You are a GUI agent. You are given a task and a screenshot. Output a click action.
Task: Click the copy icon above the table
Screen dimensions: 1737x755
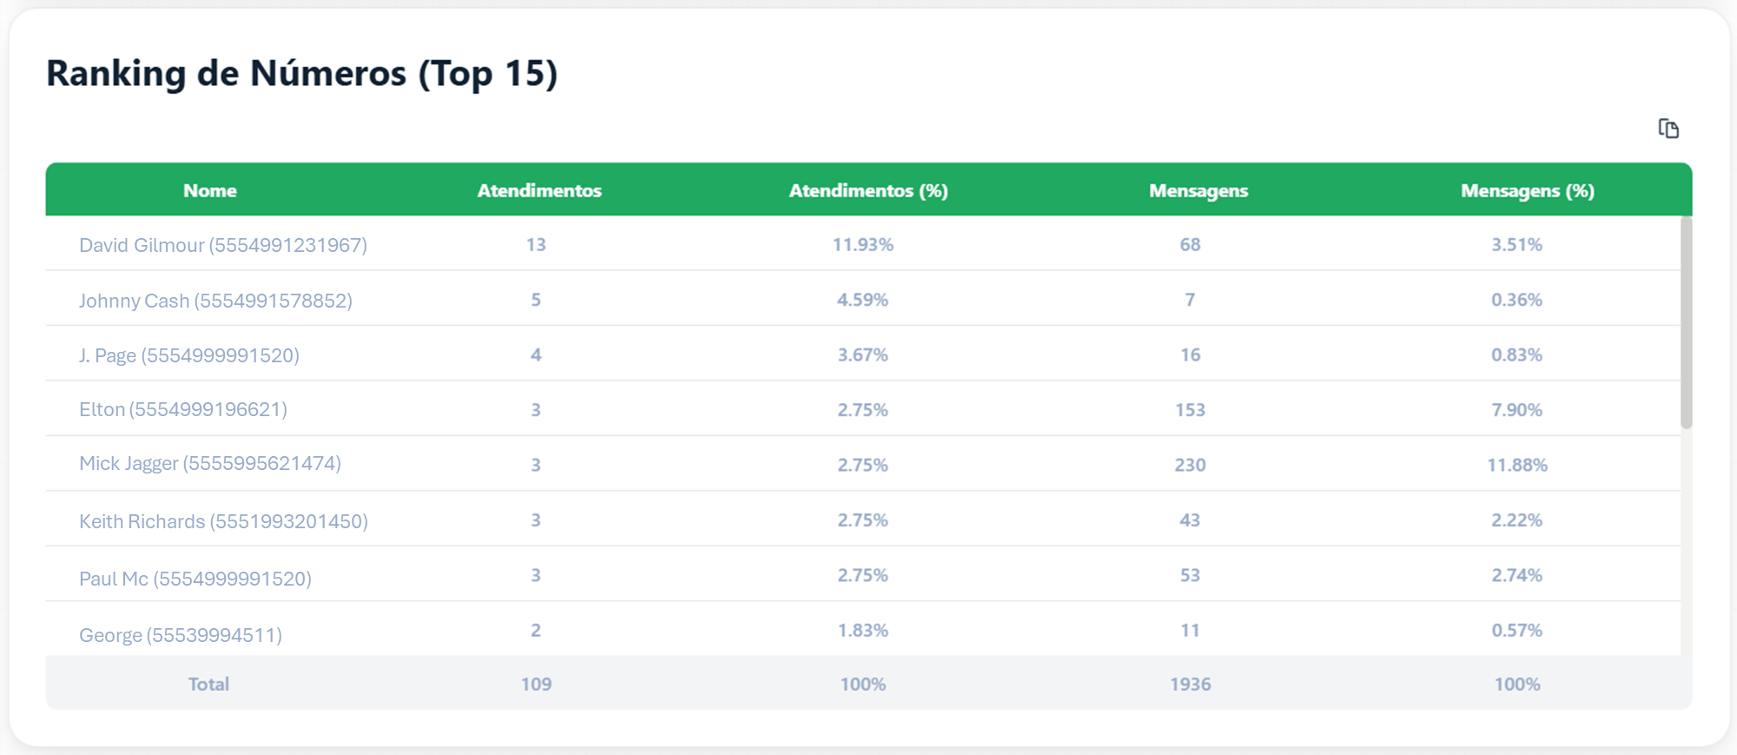coord(1668,129)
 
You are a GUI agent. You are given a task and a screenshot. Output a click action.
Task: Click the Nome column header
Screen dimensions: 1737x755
coord(210,190)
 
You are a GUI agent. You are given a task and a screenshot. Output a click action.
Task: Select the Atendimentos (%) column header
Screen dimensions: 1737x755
coord(868,190)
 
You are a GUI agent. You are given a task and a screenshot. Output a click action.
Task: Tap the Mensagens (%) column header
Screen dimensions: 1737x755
coord(1528,190)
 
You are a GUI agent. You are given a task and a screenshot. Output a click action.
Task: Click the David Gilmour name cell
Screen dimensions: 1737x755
coord(223,245)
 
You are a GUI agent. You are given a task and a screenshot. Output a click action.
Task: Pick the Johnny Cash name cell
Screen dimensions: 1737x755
coord(215,301)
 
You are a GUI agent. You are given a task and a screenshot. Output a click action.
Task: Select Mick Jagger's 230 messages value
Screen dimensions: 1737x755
coord(1190,465)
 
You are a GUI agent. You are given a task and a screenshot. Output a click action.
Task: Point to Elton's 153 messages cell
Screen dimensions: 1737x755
coord(1190,409)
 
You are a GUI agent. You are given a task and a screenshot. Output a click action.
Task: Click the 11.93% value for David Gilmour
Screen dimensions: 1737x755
coord(862,245)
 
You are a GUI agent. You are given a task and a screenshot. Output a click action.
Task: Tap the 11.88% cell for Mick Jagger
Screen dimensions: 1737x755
coord(1517,465)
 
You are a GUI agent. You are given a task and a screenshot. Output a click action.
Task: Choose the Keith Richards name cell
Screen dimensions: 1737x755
coord(223,521)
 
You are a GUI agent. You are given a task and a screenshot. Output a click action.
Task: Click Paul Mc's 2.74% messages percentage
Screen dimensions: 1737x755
coord(1517,575)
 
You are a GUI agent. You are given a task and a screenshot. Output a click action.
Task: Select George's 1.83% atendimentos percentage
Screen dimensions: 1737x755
coord(862,630)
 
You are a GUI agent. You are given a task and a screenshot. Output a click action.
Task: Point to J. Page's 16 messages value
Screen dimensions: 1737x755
coord(1190,354)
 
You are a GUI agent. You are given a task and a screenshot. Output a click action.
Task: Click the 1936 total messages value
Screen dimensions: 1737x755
coord(1190,684)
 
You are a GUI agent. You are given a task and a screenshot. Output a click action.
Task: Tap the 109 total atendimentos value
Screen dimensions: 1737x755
coord(536,684)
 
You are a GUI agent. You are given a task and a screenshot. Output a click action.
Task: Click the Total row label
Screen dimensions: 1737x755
coord(208,684)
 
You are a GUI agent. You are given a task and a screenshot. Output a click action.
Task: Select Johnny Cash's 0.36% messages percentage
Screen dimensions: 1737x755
coord(1517,300)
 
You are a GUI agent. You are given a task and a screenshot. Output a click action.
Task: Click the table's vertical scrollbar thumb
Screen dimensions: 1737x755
coord(1687,322)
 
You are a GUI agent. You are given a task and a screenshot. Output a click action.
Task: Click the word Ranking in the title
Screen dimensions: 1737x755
coord(116,74)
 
